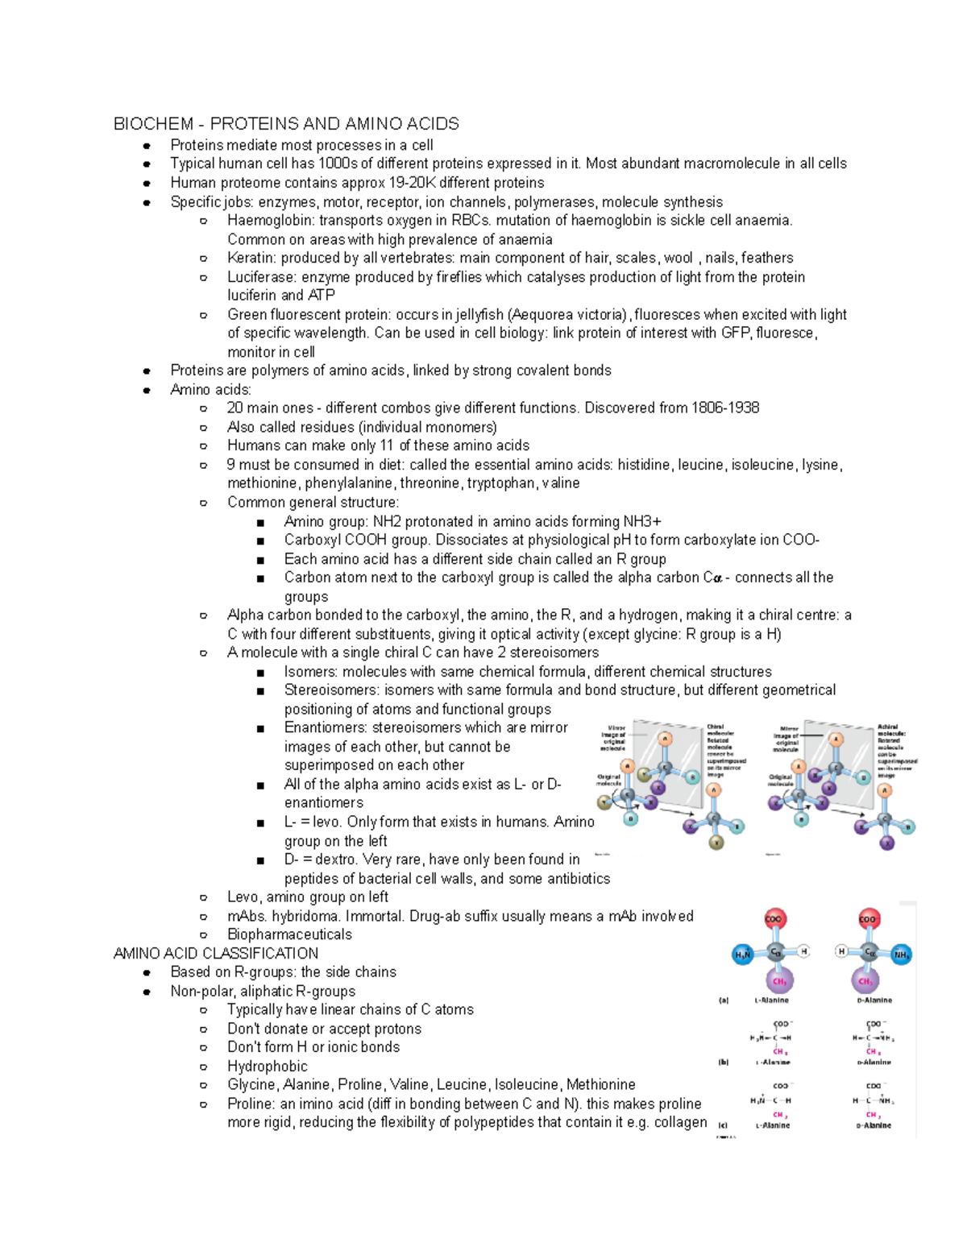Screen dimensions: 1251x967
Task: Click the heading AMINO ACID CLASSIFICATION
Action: point(216,954)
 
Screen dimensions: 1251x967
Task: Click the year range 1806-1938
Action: point(724,408)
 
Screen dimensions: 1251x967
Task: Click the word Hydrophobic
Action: point(267,1067)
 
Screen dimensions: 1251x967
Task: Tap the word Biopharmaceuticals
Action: point(289,934)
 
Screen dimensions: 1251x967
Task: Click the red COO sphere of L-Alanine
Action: point(774,919)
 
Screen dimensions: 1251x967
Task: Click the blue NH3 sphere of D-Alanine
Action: point(901,955)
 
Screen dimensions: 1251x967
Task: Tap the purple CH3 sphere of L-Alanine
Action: point(779,981)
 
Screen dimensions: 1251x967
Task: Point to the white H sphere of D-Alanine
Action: point(841,951)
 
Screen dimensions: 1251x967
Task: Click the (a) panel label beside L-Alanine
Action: point(723,1000)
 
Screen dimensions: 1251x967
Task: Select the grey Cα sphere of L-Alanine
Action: point(775,952)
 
